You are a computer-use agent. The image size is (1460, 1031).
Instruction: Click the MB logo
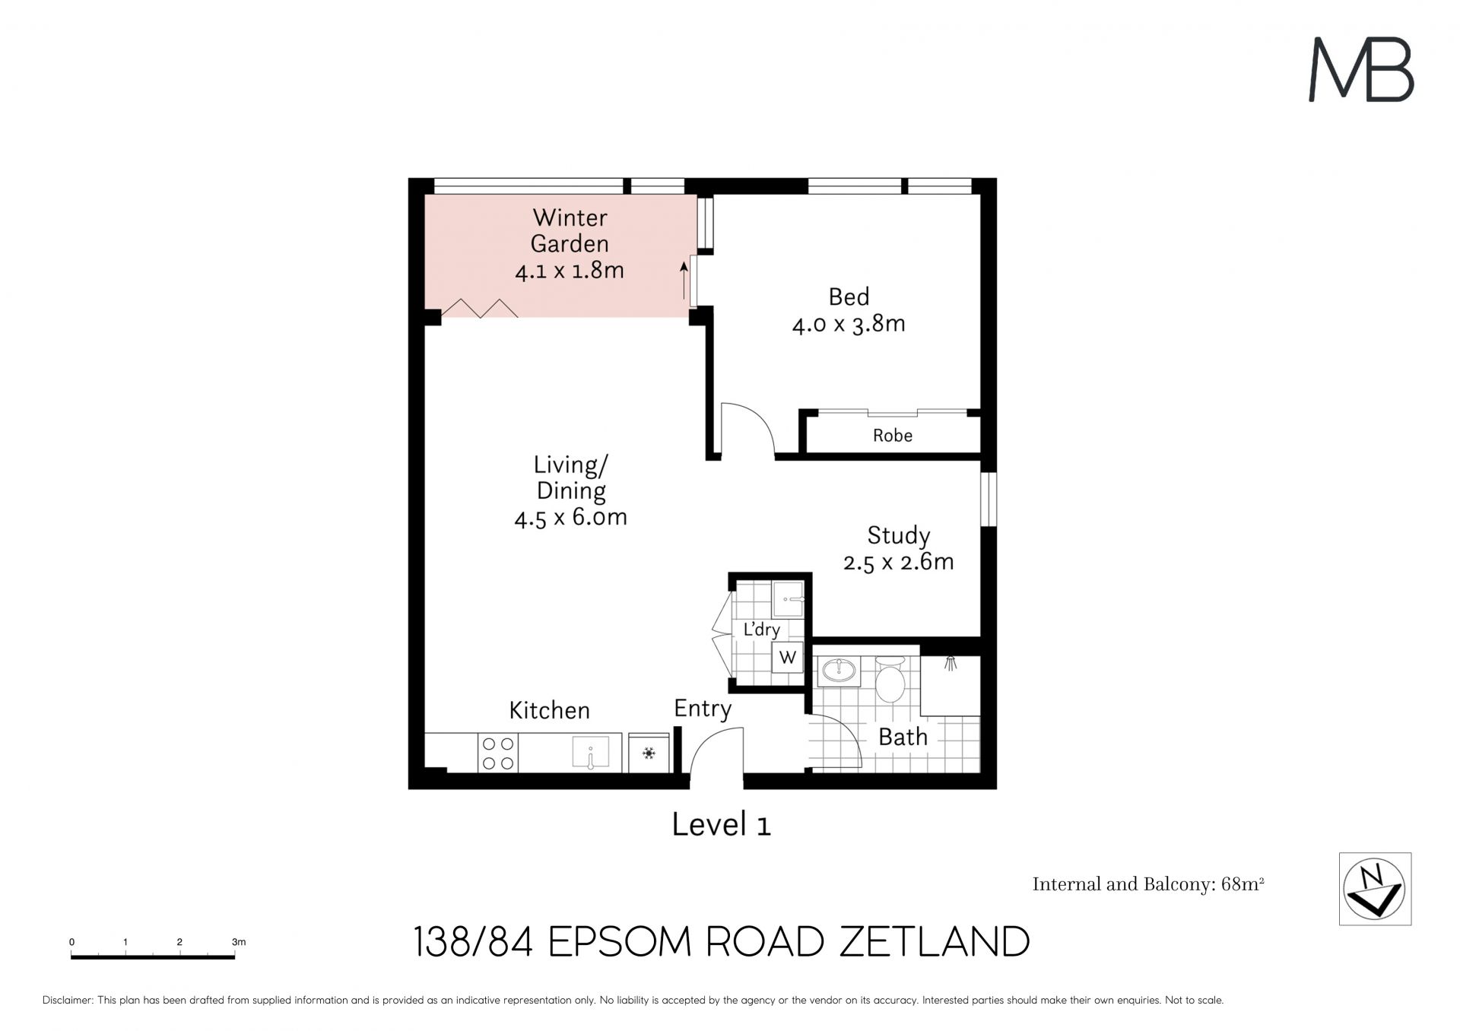click(1360, 70)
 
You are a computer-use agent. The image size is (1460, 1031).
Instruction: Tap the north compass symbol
click(1374, 889)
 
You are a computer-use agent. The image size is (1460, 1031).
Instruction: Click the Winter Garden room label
click(570, 230)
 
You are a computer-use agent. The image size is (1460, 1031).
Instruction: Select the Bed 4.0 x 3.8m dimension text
click(849, 325)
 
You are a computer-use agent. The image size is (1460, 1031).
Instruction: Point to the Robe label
click(893, 436)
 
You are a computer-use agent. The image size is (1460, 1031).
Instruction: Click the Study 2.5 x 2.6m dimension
click(899, 562)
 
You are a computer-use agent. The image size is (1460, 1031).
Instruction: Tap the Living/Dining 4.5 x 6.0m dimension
click(570, 518)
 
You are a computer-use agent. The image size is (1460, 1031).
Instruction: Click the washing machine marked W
click(788, 657)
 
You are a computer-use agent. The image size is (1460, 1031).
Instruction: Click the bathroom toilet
click(889, 679)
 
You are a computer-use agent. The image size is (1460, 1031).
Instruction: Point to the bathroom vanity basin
click(839, 671)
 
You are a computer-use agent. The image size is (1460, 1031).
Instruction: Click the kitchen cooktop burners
click(498, 753)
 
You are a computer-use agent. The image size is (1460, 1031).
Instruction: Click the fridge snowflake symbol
click(649, 753)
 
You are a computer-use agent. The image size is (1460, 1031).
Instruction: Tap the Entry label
click(703, 709)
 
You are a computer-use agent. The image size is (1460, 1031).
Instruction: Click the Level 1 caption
click(722, 824)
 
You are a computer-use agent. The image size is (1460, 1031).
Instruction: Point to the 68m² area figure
click(1243, 883)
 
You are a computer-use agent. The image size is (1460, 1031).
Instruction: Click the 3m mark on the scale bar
click(239, 942)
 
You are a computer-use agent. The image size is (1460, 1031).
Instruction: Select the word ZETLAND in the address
click(935, 942)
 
